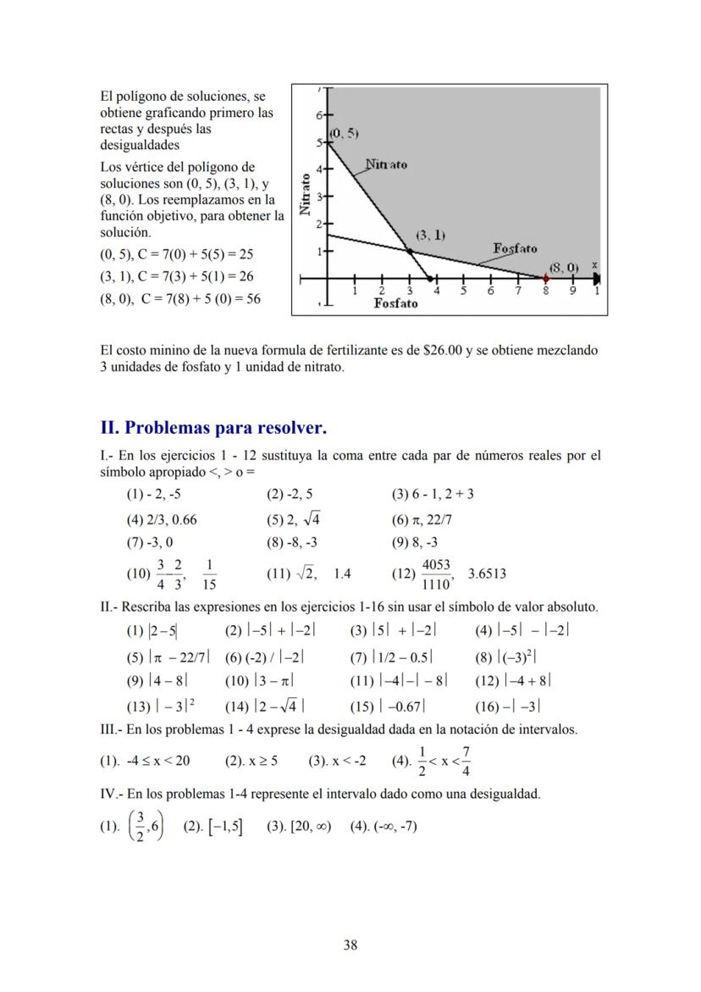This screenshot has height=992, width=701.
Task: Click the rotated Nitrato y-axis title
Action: pyautogui.click(x=306, y=195)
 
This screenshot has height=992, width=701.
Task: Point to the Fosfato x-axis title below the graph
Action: pyautogui.click(x=395, y=304)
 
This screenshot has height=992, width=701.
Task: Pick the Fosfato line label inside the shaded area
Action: pyautogui.click(x=515, y=248)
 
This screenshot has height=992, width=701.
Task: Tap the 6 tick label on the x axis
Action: pyautogui.click(x=490, y=291)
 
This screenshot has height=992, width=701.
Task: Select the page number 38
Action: pyautogui.click(x=350, y=945)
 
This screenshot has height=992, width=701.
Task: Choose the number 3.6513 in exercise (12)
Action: pyautogui.click(x=487, y=574)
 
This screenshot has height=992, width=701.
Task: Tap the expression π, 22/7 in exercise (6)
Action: pyautogui.click(x=433, y=519)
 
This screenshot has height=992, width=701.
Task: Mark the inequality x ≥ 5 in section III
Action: pyautogui.click(x=261, y=760)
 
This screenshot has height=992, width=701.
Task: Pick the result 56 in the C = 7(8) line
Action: pyautogui.click(x=252, y=299)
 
